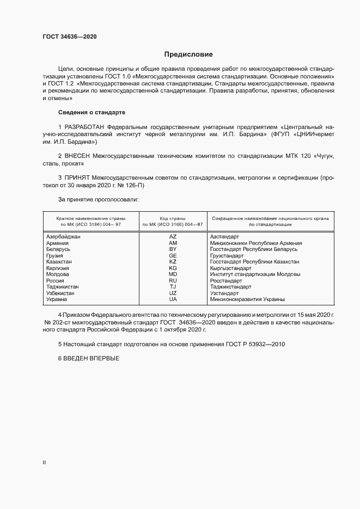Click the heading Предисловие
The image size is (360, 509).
189,54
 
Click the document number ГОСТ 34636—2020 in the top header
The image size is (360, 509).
70,36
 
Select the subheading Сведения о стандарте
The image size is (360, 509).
91,112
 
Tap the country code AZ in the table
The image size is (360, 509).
173,237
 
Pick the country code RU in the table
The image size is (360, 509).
173,280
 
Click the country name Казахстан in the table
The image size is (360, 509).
60,262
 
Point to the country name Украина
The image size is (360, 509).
57,299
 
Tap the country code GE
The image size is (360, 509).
173,255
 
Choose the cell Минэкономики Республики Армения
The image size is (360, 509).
255,243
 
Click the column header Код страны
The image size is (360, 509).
173,217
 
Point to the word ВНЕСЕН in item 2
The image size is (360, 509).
77,156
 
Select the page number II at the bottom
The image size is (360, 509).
45,463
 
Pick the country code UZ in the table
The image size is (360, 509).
173,293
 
